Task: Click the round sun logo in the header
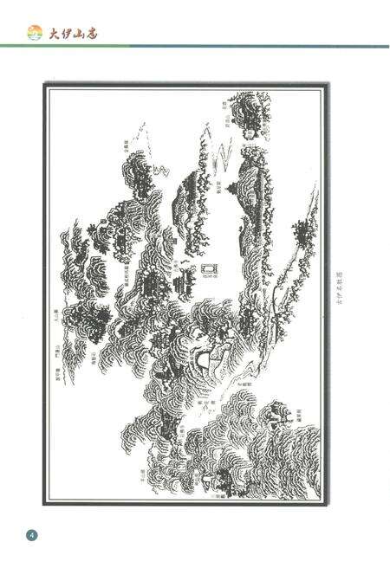click(x=36, y=33)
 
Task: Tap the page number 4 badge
click(x=32, y=533)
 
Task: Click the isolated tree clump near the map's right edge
click(x=302, y=232)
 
